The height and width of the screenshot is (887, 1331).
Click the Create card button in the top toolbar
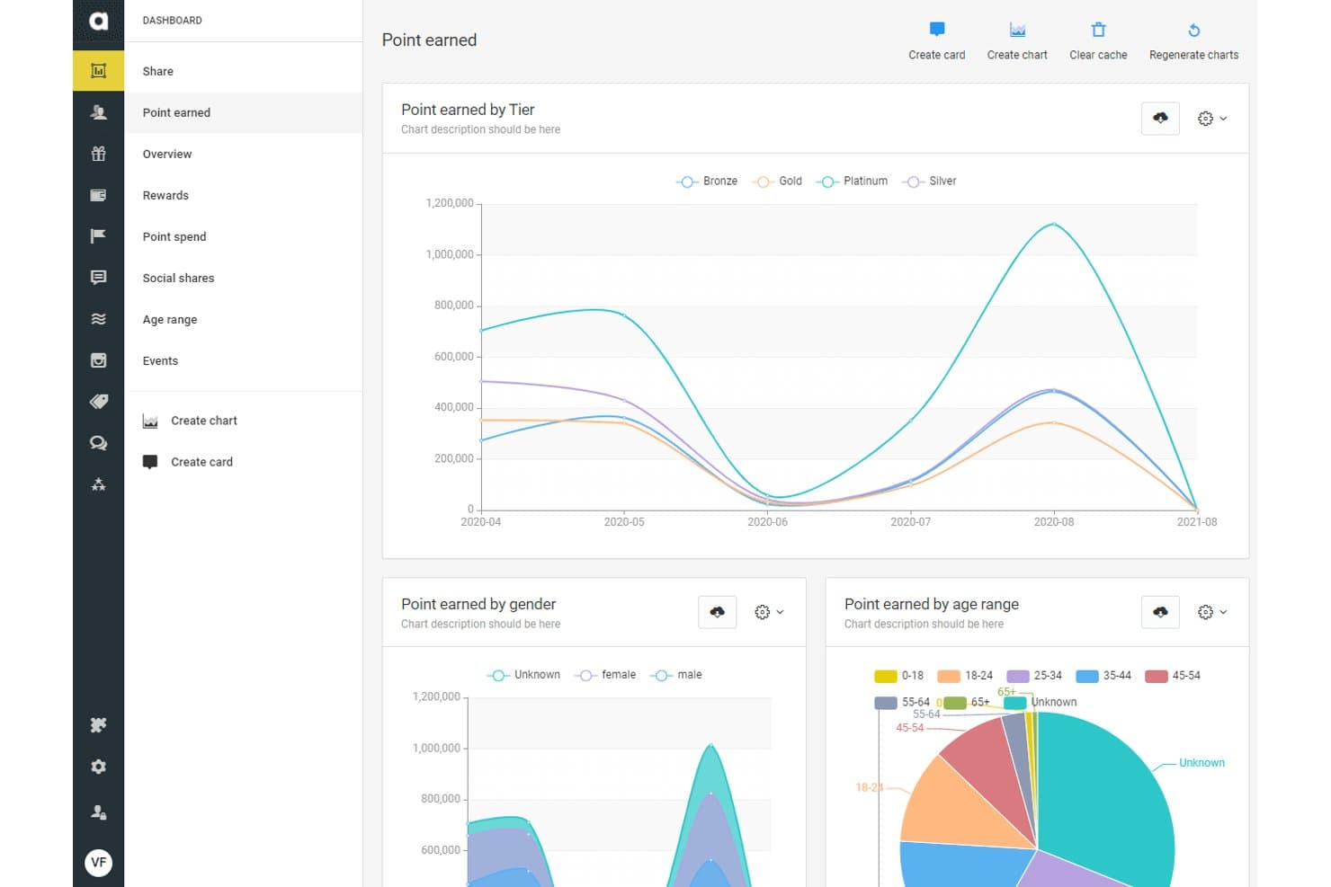[936, 40]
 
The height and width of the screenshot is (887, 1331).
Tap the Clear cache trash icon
[1098, 30]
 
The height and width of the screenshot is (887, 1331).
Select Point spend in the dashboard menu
[174, 236]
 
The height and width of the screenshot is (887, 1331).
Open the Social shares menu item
[178, 278]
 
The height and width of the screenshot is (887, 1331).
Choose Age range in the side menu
[169, 319]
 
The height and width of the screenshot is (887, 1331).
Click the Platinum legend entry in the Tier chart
[852, 181]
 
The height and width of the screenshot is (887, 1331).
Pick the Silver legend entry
[929, 181]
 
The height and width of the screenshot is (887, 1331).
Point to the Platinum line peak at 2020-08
[1053, 224]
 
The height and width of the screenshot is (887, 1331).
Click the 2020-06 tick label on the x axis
[767, 522]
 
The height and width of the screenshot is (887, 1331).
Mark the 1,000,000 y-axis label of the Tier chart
[450, 254]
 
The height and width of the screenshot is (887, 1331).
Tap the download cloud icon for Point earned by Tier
[1160, 118]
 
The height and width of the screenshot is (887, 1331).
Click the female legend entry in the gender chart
[605, 675]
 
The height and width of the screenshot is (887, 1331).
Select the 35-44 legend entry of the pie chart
[1103, 676]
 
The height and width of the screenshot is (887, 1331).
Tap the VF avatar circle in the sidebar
[99, 862]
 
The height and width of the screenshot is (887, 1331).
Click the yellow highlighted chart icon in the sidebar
[99, 71]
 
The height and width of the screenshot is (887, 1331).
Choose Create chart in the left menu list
[190, 421]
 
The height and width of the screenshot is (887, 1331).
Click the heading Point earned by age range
[931, 604]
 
